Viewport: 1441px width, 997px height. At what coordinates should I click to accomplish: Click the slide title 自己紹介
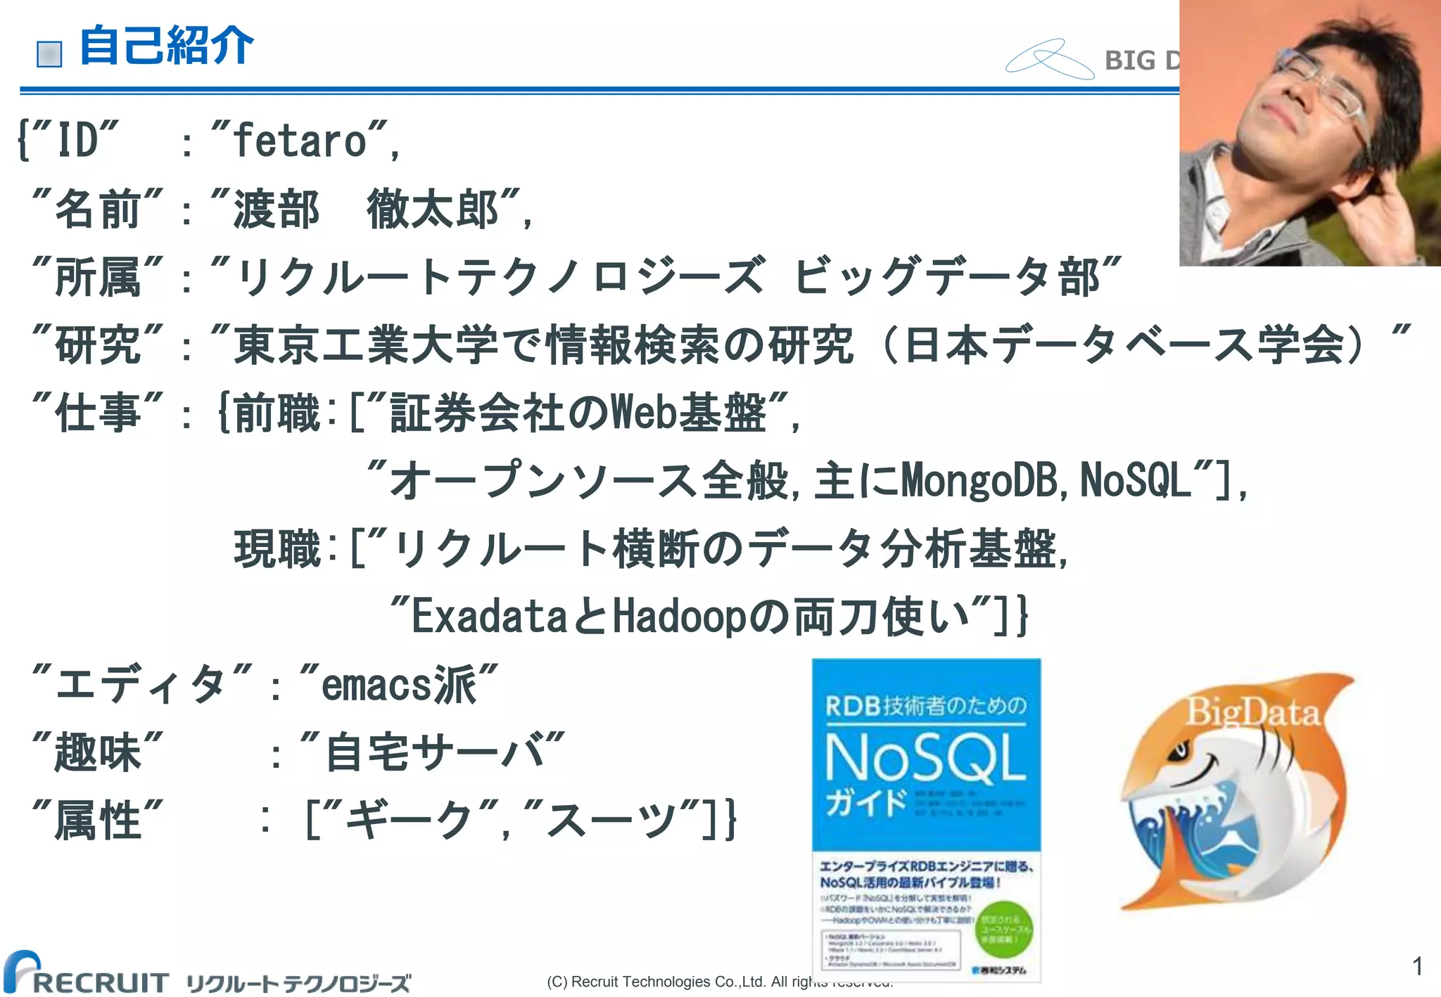(x=166, y=46)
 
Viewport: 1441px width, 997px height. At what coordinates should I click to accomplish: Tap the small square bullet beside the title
(x=49, y=54)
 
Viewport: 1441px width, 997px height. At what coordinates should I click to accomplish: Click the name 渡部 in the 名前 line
(x=277, y=209)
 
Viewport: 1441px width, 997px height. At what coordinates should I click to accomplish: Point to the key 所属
(x=98, y=277)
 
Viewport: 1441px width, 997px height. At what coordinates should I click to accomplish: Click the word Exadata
(x=488, y=617)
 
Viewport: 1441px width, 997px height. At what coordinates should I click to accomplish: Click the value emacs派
(x=399, y=684)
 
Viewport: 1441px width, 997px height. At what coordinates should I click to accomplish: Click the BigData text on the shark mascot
(x=1252, y=712)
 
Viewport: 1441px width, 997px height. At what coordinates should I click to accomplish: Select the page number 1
(x=1417, y=965)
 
